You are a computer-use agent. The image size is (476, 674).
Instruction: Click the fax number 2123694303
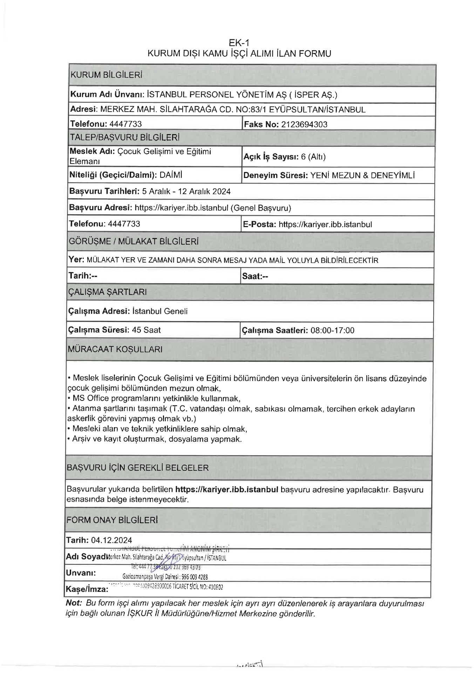click(304, 124)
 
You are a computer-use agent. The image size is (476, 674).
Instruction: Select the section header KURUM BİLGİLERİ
click(106, 75)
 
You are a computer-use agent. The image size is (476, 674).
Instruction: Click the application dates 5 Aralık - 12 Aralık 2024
click(186, 192)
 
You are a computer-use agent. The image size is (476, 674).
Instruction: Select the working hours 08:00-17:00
click(332, 330)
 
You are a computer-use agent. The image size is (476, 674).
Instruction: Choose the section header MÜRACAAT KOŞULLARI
click(115, 349)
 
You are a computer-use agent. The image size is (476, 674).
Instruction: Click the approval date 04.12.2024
click(111, 540)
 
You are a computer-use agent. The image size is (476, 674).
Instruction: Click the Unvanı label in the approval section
click(81, 573)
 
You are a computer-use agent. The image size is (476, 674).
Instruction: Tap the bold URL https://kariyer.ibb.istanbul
click(226, 490)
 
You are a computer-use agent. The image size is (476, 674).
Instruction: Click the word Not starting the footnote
click(73, 603)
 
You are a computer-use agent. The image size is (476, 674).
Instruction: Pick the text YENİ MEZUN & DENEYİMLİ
click(362, 176)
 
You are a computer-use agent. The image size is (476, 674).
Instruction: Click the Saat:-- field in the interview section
click(255, 276)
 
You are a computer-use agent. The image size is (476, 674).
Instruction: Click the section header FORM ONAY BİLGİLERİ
click(112, 520)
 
